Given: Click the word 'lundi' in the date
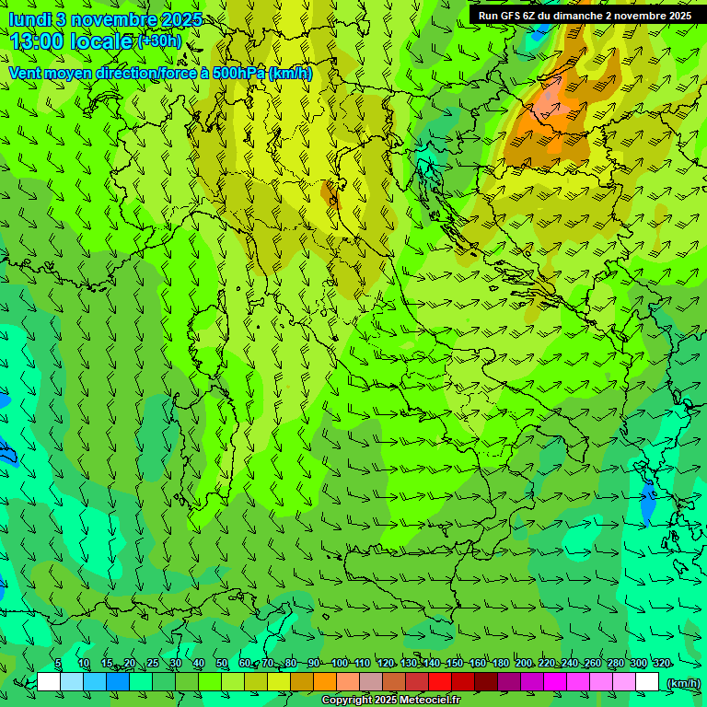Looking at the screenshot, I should coord(29,19).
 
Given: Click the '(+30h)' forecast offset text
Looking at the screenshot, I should coord(159,41).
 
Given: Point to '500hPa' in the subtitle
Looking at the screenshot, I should coord(237,73).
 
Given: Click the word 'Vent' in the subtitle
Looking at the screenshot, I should coord(25,73).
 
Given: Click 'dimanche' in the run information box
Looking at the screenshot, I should coord(577,16).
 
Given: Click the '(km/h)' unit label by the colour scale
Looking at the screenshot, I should coord(683,683).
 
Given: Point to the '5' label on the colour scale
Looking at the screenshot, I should coord(58,664).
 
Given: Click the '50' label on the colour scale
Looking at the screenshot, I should coord(222,664).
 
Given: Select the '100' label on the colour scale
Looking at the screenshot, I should coord(339,664).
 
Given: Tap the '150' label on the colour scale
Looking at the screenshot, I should coord(454,664).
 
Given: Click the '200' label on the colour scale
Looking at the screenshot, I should coord(524,664).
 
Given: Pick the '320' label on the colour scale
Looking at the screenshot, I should coord(661,664).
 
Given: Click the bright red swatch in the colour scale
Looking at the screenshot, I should coord(439,682).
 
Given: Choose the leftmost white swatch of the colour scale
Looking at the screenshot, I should coord(49,682).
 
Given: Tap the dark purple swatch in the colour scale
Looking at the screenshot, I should coord(508,682).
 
